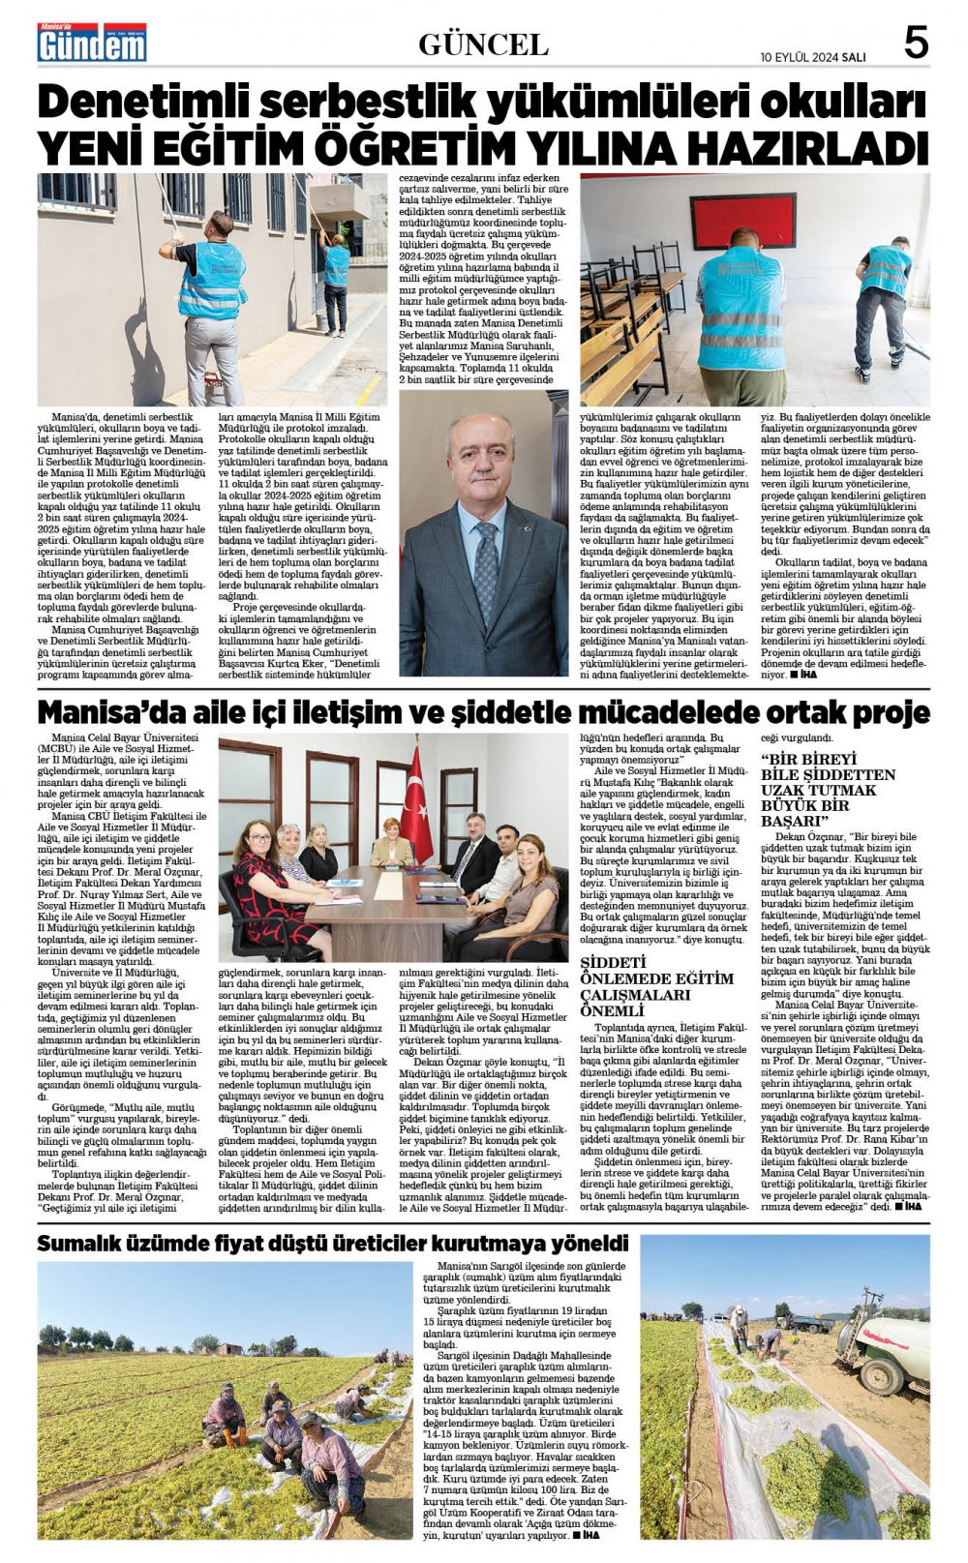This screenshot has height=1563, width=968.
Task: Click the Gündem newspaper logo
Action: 92,44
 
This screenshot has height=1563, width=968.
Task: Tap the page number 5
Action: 916,44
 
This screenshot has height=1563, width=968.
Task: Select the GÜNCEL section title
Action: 483,45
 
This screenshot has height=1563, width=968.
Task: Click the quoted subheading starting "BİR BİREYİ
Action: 829,788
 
